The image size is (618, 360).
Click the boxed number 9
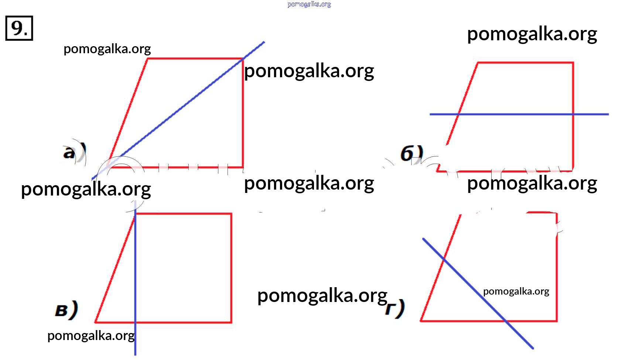click(19, 28)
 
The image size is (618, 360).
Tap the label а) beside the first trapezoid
click(74, 152)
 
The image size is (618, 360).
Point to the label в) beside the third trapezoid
click(66, 310)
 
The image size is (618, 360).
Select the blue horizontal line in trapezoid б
click(517, 114)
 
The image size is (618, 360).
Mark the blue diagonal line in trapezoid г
click(477, 292)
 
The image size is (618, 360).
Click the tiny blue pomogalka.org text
click(309, 4)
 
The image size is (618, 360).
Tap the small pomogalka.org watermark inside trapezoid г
click(516, 292)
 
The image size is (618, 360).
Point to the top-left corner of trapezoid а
click(147, 59)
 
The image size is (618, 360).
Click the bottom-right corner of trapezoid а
click(243, 167)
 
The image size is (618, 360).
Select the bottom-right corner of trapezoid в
click(231, 322)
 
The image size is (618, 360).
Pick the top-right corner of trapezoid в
click(231, 214)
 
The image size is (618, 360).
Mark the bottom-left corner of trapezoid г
click(421, 320)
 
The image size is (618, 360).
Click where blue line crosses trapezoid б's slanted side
click(458, 114)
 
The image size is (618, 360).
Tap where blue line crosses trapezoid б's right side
click(573, 114)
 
